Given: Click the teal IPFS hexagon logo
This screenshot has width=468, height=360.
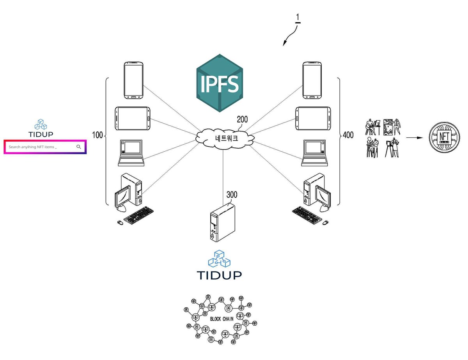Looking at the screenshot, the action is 220,83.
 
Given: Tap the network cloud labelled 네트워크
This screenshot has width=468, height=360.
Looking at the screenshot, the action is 225,138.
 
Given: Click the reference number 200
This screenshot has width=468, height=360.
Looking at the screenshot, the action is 242,119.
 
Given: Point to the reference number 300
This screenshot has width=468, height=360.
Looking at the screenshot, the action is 232,195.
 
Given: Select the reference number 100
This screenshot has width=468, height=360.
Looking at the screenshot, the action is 97,135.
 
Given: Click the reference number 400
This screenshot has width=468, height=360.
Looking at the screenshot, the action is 348,135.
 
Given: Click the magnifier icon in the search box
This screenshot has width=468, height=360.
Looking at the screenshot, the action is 79,147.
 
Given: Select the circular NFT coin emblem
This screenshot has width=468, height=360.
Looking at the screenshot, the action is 444,137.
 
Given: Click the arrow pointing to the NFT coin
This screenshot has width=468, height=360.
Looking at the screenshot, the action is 414,138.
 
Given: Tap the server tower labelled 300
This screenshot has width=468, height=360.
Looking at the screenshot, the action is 222,222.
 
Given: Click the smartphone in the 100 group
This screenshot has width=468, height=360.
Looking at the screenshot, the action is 133,80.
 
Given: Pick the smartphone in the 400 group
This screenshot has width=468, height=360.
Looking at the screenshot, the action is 312,80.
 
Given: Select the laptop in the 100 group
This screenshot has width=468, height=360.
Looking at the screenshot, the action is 131,153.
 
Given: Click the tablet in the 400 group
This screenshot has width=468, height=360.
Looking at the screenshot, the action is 313,119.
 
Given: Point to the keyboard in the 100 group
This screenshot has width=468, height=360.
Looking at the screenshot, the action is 138,216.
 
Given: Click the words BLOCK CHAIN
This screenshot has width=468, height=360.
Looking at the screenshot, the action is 222,319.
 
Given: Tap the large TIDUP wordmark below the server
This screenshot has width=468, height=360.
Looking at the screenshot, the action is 219,275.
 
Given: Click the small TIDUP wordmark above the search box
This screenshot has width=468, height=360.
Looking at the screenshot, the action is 41,134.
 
